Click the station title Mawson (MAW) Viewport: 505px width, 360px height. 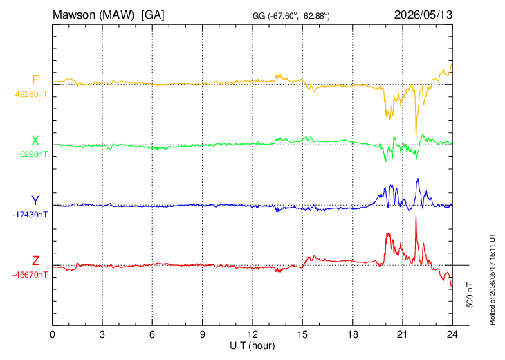tap(93, 15)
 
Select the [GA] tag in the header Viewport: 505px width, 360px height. tap(153, 15)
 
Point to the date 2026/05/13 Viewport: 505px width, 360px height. tap(423, 15)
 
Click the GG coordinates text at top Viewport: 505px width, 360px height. tap(291, 16)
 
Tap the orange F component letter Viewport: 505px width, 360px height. tap(35, 80)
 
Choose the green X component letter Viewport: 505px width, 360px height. tap(35, 141)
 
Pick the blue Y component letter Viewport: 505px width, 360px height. tap(35, 201)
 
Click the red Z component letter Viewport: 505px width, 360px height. tap(35, 261)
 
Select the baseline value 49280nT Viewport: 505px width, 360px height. tap(31, 94)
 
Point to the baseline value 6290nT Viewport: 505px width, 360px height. tap(33, 154)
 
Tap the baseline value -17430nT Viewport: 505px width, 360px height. tap(30, 215)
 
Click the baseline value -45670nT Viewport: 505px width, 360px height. tap(30, 275)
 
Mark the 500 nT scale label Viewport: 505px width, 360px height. tap(470, 295)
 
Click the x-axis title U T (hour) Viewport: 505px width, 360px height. tap(252, 346)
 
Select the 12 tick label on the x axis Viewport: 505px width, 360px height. tap(252, 334)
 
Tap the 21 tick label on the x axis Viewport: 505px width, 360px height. tap(403, 334)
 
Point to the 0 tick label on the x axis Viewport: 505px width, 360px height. tap(53, 334)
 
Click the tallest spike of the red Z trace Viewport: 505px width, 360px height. tap(416, 216)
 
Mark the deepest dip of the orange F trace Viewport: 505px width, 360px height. tap(416, 135)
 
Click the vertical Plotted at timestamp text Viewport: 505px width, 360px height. tap(493, 279)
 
